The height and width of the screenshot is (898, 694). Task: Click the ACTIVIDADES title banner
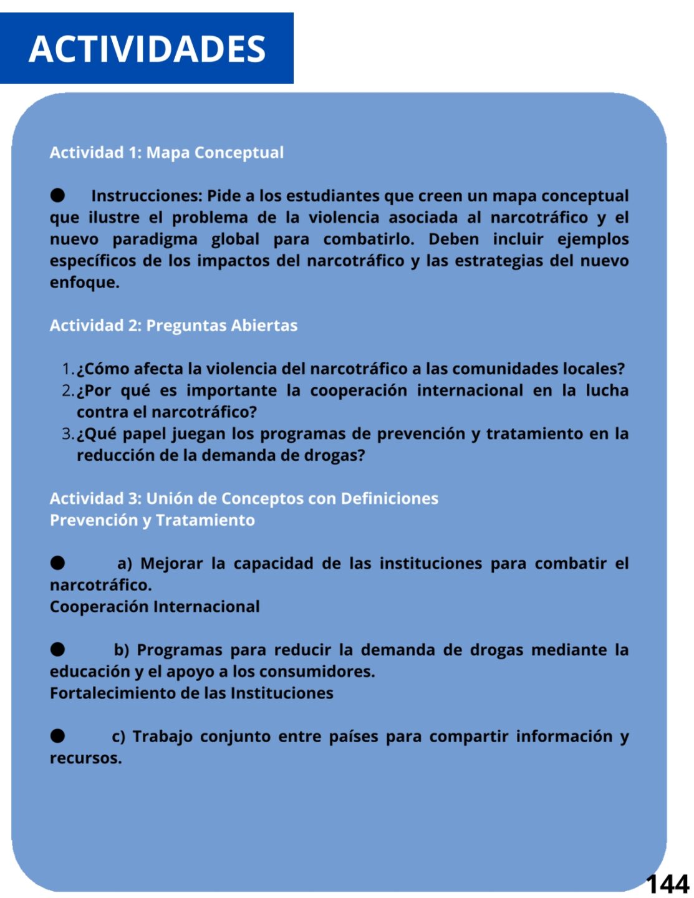click(147, 49)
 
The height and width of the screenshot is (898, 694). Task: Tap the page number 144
click(667, 884)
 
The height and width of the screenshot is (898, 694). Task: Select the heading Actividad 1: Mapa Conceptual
click(166, 153)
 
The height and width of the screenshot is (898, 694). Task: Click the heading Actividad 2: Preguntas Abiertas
click(173, 326)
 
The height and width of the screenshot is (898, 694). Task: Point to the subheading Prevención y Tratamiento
click(152, 520)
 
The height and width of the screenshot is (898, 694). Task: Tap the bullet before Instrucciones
click(58, 196)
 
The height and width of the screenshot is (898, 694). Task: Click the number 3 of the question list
click(67, 434)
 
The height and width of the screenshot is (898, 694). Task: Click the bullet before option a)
click(58, 564)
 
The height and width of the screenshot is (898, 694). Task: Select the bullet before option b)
click(58, 650)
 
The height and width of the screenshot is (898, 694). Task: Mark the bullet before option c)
click(58, 736)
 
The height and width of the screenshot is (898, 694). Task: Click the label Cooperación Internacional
click(155, 607)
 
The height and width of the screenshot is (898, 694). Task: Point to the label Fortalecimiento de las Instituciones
click(191, 693)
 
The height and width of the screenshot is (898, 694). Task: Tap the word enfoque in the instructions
click(84, 282)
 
